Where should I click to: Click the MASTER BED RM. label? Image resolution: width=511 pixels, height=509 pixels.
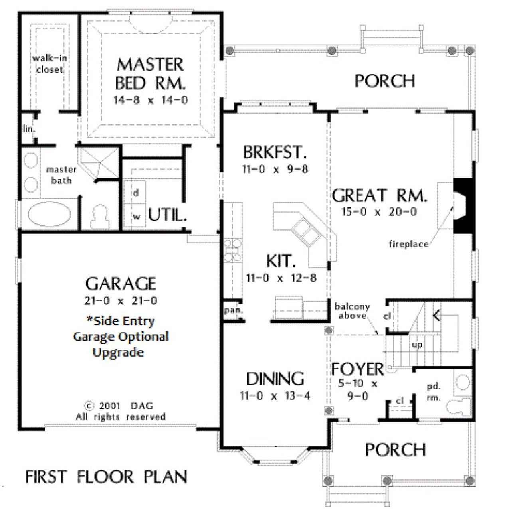click(x=150, y=74)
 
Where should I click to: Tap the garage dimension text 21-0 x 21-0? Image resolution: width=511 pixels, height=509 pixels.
click(x=120, y=300)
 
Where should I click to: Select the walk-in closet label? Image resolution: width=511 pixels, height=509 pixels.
click(x=50, y=64)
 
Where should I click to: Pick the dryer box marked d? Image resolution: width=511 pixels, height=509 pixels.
click(x=136, y=193)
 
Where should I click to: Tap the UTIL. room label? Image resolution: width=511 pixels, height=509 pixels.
click(x=167, y=215)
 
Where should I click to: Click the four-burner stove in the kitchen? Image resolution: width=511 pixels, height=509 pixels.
click(x=232, y=251)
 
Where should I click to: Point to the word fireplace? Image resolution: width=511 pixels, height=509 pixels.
click(x=408, y=244)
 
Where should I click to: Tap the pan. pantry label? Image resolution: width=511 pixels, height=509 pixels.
click(x=231, y=310)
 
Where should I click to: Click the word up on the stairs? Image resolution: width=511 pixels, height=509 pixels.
click(x=417, y=345)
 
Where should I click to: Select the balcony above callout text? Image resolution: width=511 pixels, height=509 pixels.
click(x=352, y=311)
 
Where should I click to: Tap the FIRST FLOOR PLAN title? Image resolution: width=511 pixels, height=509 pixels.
click(x=106, y=477)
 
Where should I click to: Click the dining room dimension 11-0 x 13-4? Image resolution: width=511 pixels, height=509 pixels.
click(x=275, y=396)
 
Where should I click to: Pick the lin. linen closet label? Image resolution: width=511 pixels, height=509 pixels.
click(x=28, y=129)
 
